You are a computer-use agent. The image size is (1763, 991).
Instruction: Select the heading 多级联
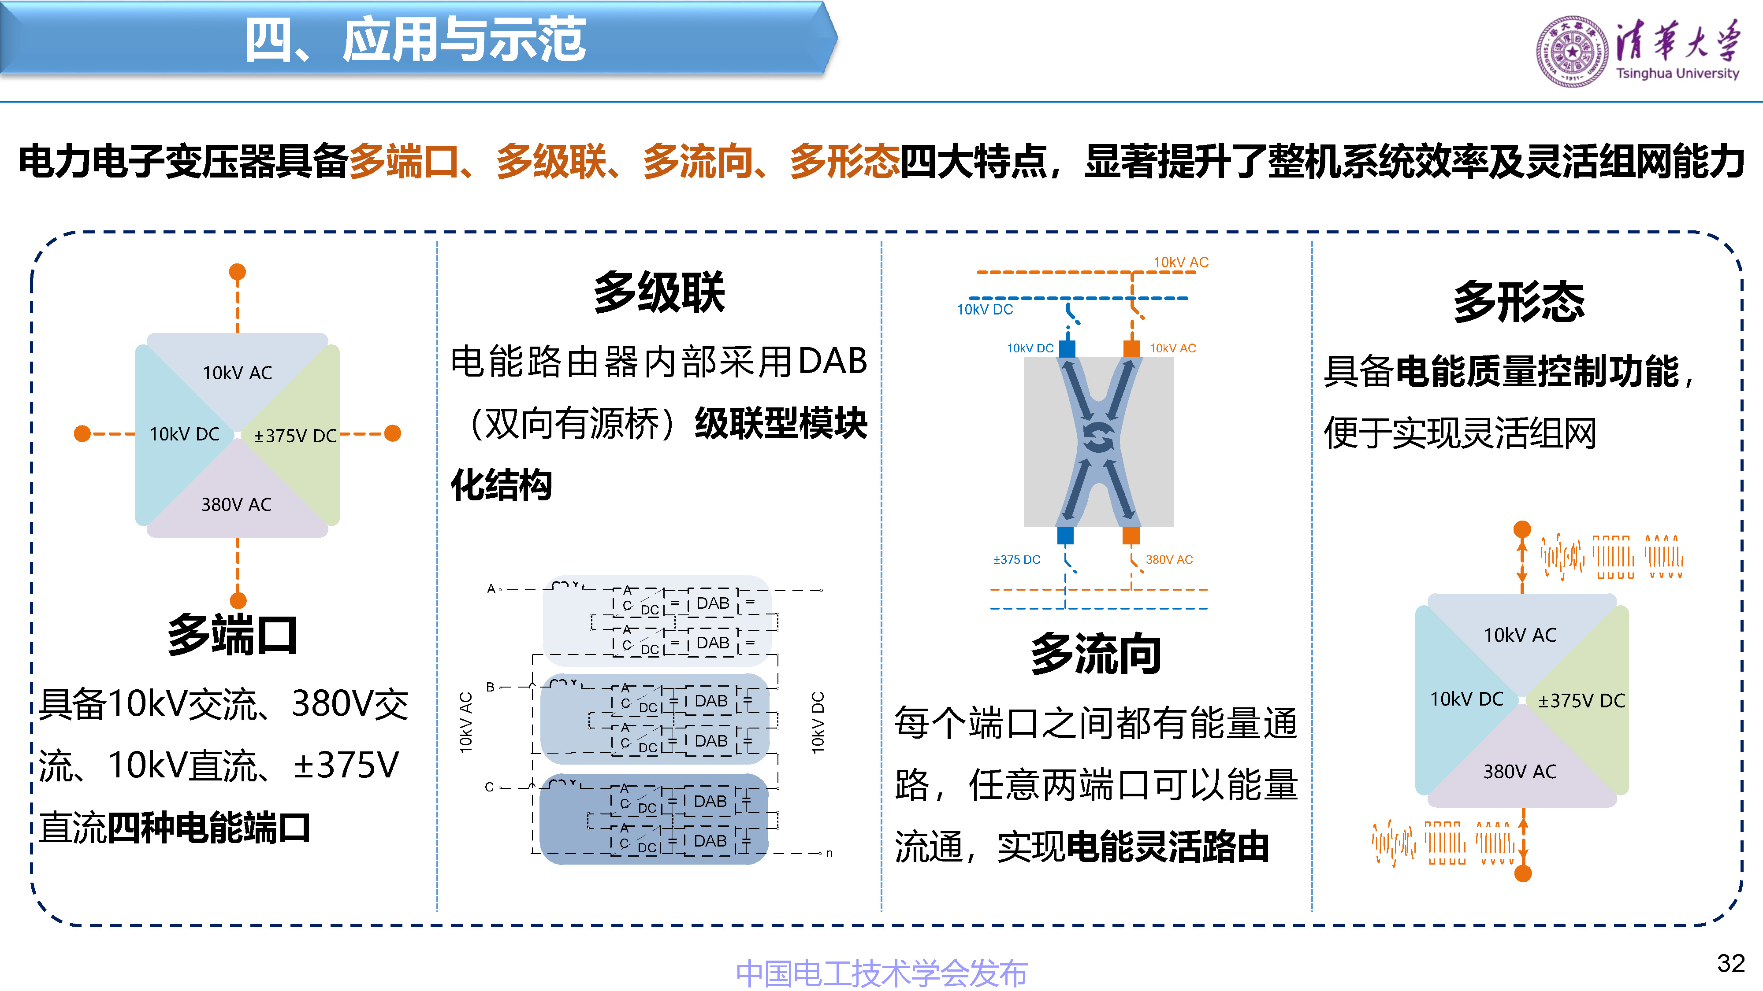tap(658, 292)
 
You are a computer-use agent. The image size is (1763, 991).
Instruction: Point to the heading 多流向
tap(1096, 654)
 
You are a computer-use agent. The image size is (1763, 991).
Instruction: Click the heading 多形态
tap(1519, 302)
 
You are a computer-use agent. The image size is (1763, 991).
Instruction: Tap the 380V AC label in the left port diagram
tap(236, 505)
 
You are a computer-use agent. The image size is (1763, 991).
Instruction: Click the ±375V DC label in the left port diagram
tap(295, 436)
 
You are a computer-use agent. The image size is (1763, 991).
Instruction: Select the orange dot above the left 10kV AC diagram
tap(238, 271)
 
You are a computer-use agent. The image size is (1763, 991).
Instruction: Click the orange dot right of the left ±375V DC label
tap(393, 433)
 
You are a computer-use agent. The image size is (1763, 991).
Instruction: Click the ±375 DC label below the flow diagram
tap(1016, 559)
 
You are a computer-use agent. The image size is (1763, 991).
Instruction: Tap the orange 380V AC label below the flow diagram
tap(1169, 559)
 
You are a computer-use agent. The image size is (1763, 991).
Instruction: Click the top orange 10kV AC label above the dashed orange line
tap(1181, 262)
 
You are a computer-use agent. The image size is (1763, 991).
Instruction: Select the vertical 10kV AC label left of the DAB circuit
tap(466, 722)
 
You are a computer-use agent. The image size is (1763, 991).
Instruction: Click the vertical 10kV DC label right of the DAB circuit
tap(818, 722)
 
